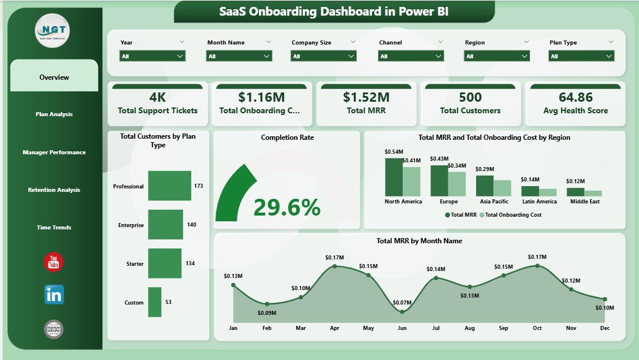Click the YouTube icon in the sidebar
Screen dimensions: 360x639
tap(54, 262)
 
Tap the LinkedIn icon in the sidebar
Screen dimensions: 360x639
tap(54, 295)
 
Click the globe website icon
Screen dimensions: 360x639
tap(54, 329)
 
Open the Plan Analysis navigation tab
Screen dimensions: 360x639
tap(54, 114)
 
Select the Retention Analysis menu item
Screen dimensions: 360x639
tap(54, 190)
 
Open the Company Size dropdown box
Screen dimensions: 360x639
tap(324, 56)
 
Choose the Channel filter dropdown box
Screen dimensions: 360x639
tap(411, 56)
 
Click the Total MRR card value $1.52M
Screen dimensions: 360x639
tap(366, 97)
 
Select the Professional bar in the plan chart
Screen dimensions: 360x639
tap(169, 185)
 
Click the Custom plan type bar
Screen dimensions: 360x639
tap(154, 302)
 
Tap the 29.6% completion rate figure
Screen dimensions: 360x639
tap(287, 207)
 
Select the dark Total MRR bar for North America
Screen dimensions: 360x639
tap(393, 177)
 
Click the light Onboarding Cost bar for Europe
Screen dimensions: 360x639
tap(456, 184)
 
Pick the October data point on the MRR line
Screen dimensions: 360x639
tap(537, 266)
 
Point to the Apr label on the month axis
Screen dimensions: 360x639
tap(335, 328)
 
